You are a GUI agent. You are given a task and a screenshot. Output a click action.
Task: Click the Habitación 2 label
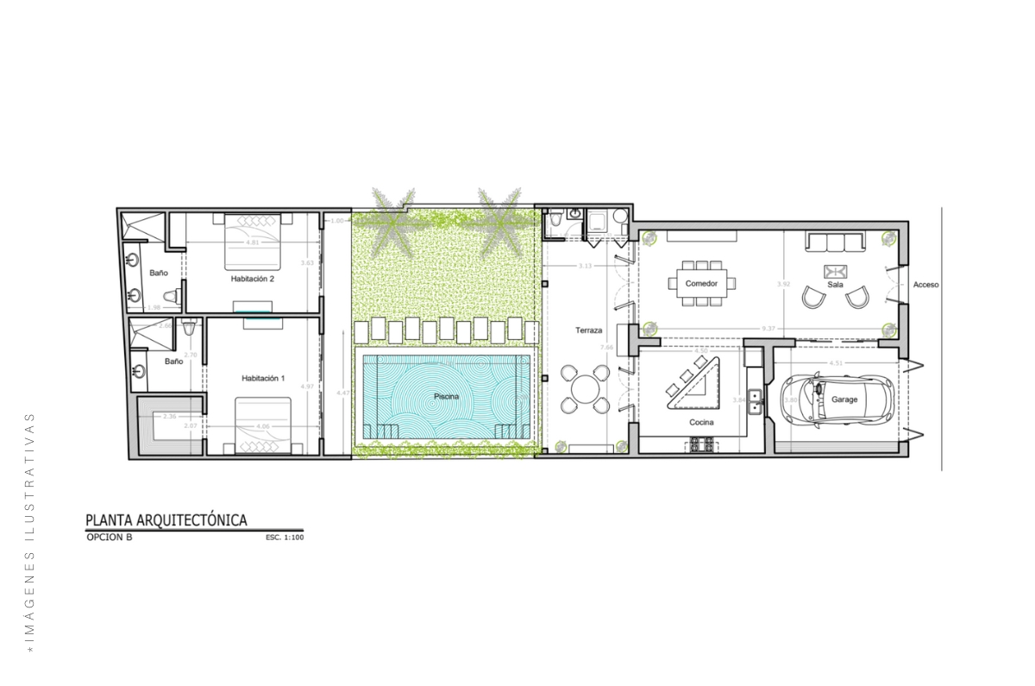[x=252, y=279]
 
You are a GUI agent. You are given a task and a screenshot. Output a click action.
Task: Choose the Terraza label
[x=588, y=330]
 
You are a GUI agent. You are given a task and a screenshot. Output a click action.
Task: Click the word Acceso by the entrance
[x=925, y=285]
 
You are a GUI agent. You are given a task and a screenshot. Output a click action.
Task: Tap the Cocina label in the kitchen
[x=700, y=422]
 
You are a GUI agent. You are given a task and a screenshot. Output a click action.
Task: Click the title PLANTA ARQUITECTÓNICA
[x=166, y=519]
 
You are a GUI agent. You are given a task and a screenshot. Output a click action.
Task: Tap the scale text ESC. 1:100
[x=285, y=538]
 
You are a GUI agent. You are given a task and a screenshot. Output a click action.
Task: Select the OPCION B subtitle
[x=110, y=537]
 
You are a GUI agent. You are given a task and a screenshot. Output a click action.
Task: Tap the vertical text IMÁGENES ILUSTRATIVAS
[x=30, y=530]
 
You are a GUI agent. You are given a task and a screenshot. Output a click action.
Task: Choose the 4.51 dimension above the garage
[x=836, y=363]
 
